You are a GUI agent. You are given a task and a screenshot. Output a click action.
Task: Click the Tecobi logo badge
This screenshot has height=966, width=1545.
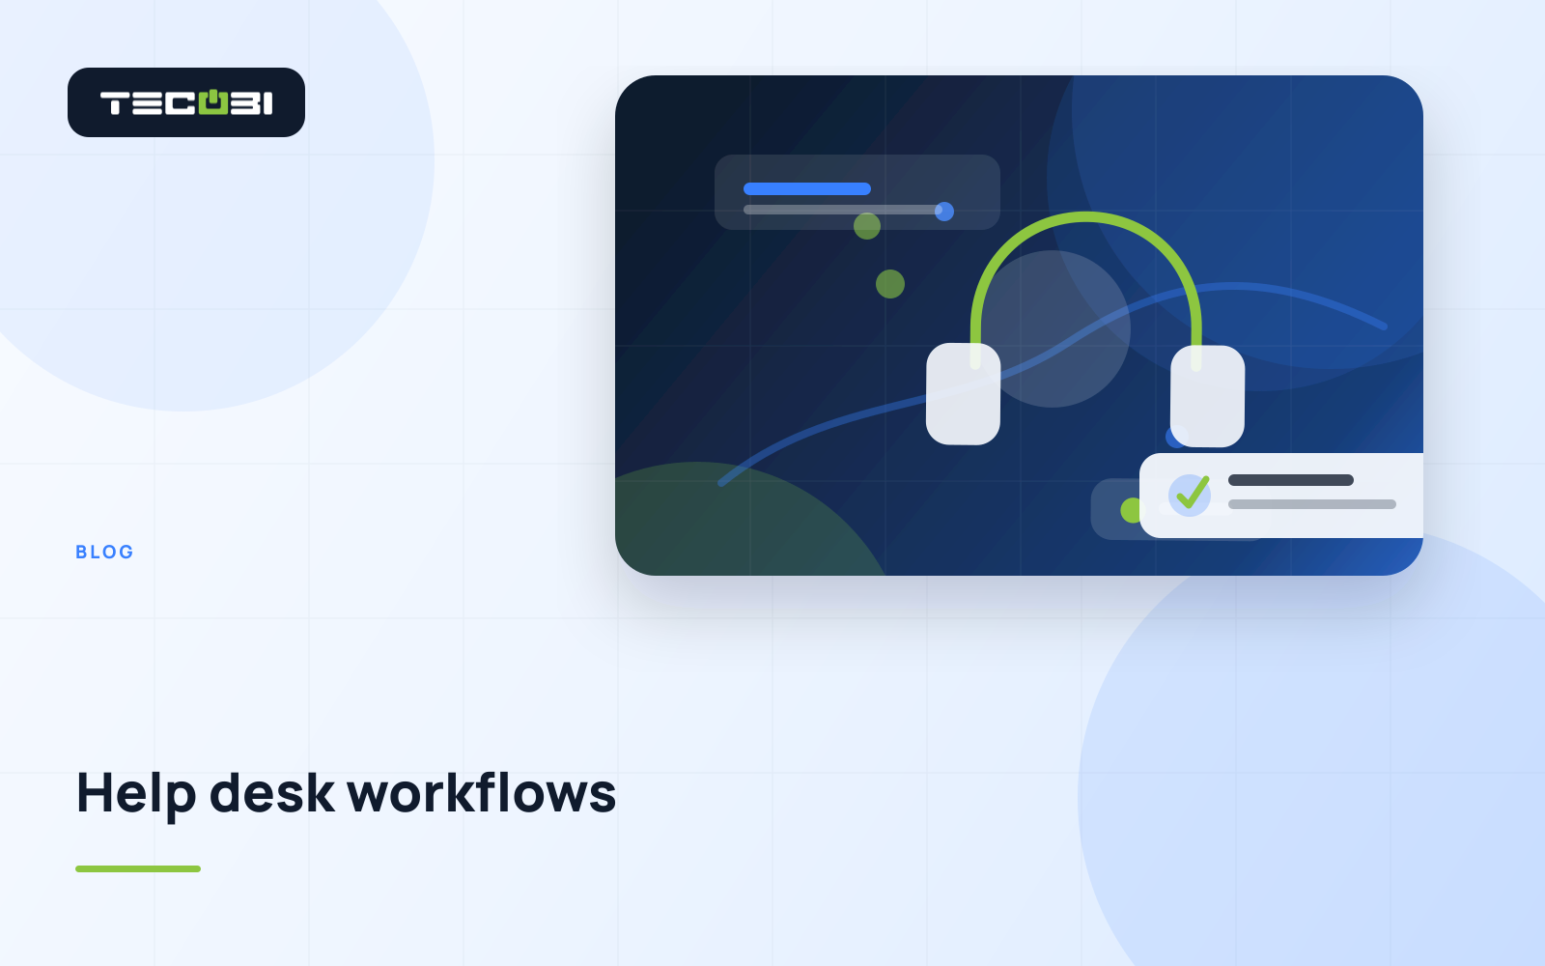click(x=186, y=102)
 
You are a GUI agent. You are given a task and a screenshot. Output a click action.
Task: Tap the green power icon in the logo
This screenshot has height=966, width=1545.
click(x=213, y=101)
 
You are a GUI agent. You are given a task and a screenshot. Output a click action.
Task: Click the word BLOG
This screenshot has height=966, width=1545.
click(x=104, y=552)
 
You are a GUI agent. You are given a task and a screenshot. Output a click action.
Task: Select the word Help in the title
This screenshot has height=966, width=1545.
click(x=136, y=794)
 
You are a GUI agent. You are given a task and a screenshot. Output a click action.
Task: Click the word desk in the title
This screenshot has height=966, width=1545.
click(x=271, y=793)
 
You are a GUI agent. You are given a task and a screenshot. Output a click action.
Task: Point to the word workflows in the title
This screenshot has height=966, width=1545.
click(x=482, y=793)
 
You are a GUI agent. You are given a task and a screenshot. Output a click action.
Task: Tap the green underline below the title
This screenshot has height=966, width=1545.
click(x=138, y=868)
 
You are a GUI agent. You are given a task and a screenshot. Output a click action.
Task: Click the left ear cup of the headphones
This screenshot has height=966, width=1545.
click(x=963, y=394)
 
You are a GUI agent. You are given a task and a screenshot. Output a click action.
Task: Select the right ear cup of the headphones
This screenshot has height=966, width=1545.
click(x=1207, y=396)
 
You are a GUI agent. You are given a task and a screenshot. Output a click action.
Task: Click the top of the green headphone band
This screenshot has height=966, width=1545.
click(x=1085, y=217)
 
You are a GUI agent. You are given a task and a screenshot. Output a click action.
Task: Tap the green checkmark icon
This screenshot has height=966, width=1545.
click(x=1192, y=493)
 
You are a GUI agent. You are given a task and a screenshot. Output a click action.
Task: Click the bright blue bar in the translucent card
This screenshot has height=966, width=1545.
click(x=807, y=188)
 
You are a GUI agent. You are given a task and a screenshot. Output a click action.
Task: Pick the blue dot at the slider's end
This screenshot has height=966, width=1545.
click(x=944, y=212)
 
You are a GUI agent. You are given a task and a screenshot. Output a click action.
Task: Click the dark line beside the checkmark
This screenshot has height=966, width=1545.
click(x=1290, y=480)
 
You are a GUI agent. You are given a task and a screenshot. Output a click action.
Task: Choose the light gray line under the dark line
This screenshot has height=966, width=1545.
click(x=1312, y=504)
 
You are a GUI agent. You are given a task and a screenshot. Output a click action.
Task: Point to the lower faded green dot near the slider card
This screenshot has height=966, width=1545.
click(x=889, y=284)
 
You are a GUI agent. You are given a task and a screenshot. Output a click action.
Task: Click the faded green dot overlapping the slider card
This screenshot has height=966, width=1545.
click(x=867, y=226)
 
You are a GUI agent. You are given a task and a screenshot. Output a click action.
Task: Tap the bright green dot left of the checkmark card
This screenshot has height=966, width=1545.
click(x=1131, y=511)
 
